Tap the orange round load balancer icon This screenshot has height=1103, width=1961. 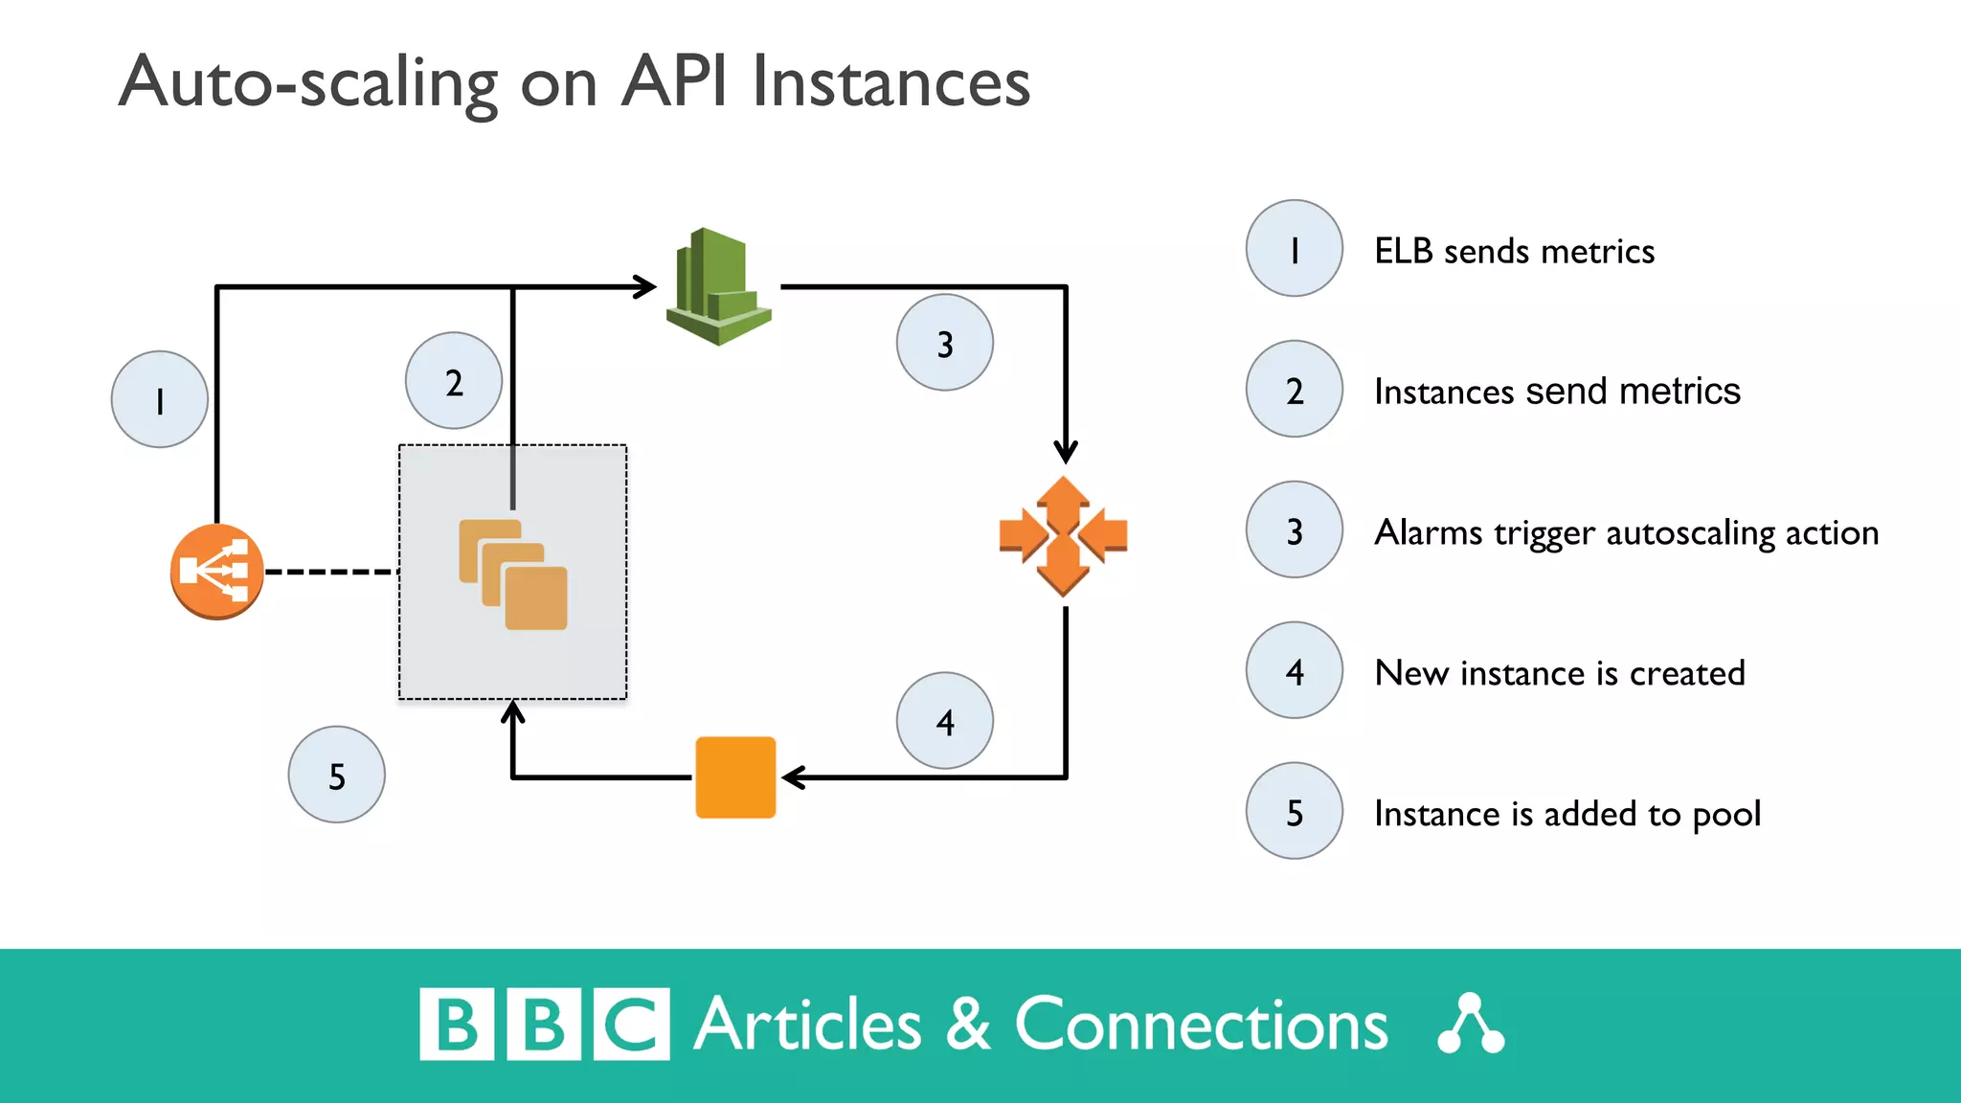[216, 572]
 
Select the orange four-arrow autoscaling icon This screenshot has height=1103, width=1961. [1063, 535]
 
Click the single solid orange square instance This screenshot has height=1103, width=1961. [735, 777]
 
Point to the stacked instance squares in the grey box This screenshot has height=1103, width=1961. [514, 574]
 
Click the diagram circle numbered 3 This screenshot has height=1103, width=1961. [944, 343]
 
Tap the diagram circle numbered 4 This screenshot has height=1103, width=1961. [944, 720]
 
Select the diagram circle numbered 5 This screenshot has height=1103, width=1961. [336, 775]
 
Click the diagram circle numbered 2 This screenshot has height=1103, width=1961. [453, 381]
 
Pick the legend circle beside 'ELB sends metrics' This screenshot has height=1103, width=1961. [1294, 249]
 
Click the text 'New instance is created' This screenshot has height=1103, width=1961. [1559, 673]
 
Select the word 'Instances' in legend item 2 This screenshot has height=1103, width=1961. [1443, 392]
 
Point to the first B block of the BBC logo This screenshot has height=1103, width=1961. [457, 1024]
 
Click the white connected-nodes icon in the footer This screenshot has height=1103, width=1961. [1471, 1024]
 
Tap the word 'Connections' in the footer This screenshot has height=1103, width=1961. [1201, 1024]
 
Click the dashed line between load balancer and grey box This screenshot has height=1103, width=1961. [331, 572]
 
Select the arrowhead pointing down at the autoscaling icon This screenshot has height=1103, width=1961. [1066, 452]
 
